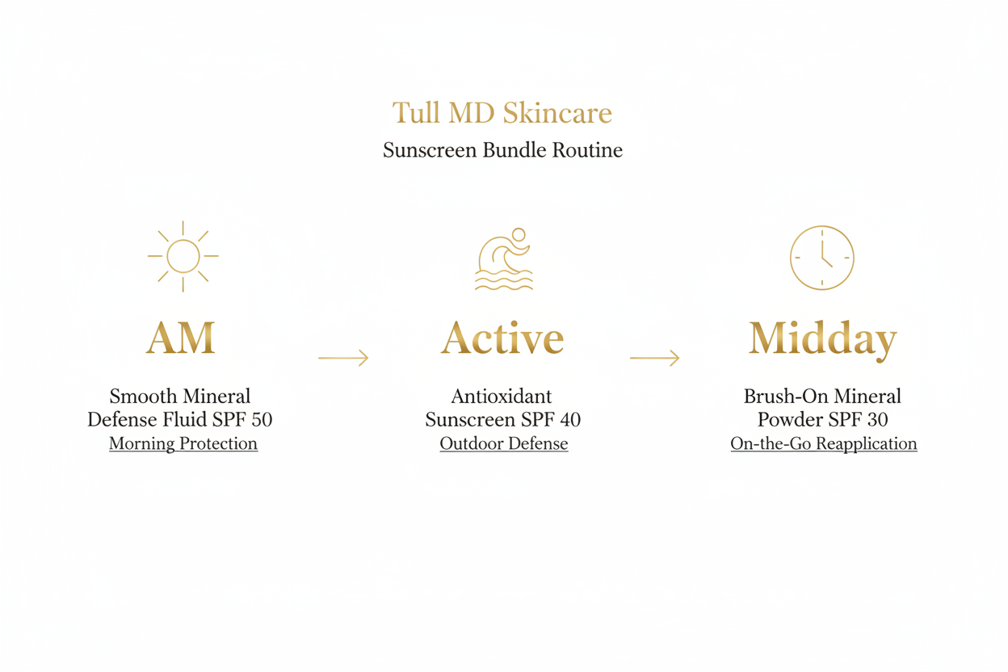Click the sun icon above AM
point(183,256)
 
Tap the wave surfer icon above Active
point(504,258)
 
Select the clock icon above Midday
point(821,258)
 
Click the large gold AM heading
point(181,338)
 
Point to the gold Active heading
point(502,338)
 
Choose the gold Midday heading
point(822,339)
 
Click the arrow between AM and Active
point(343,358)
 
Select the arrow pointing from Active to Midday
point(654,358)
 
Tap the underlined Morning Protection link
point(183,443)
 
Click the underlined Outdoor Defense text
point(504,443)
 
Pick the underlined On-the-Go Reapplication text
point(824,443)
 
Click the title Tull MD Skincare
point(502,113)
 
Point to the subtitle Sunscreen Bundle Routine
point(502,150)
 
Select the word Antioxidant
point(502,397)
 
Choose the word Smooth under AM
point(143,397)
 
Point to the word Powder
point(787,420)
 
